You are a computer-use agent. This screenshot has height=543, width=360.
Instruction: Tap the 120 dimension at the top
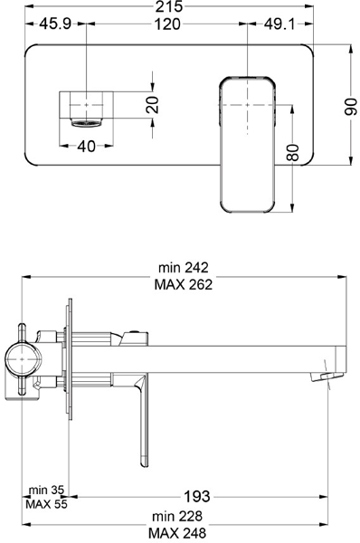tap(165, 24)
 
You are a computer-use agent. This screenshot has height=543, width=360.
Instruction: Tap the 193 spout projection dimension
tap(197, 496)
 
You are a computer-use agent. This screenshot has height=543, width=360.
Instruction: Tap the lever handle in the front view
tap(245, 145)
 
